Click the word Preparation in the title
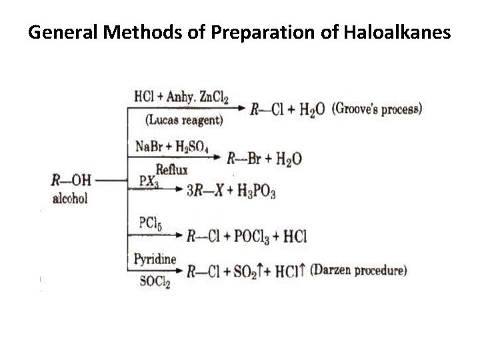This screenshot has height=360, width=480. point(254,31)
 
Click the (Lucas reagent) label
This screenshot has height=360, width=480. point(183,121)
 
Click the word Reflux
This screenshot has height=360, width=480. point(172,169)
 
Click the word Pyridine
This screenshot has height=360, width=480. point(155,257)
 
